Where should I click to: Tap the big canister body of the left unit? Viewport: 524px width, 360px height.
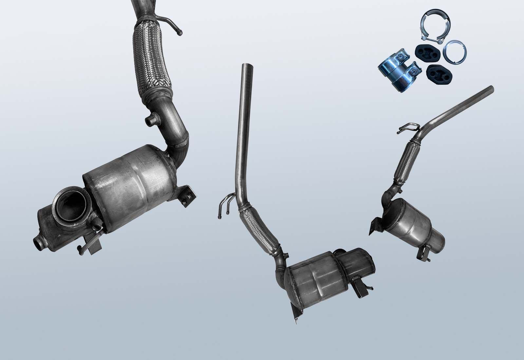tap(131, 187)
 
